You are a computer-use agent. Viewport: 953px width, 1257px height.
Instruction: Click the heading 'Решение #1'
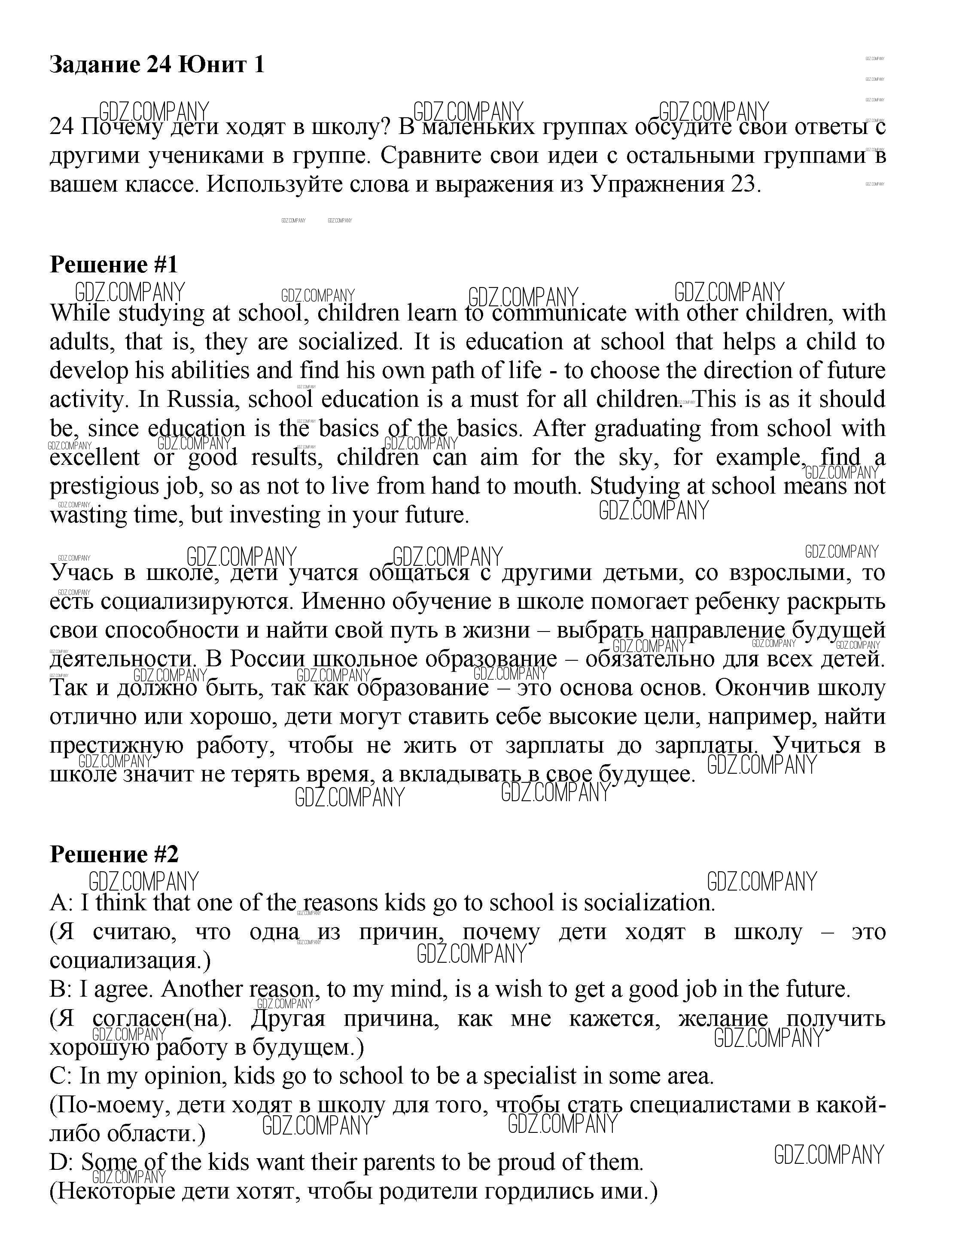coord(113,265)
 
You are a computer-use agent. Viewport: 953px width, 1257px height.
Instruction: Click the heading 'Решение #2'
coord(113,854)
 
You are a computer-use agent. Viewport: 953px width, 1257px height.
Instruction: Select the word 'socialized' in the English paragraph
coord(348,342)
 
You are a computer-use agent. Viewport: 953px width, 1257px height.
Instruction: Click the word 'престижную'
coord(116,745)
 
